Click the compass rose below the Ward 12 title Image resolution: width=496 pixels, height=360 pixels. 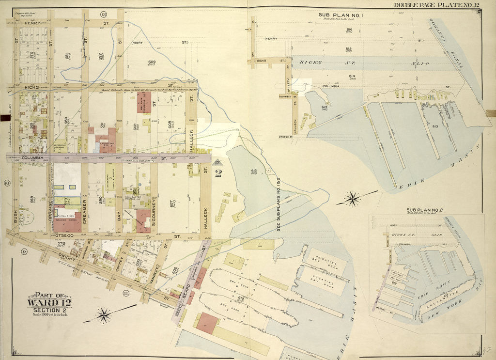click(104, 316)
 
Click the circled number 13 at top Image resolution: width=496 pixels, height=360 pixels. click(103, 15)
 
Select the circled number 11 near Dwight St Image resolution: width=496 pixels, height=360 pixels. click(126, 293)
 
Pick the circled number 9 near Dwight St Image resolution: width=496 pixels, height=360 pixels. click(23, 251)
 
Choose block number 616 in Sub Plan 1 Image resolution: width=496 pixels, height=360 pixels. click(349, 31)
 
